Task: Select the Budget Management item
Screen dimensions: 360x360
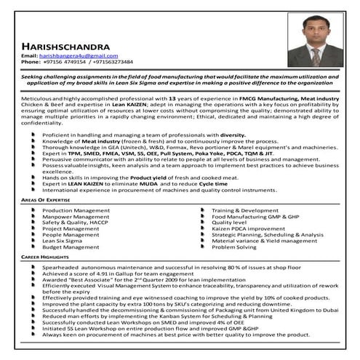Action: (x=71, y=247)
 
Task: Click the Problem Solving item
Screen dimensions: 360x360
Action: (x=233, y=247)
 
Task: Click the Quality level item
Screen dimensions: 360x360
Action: (x=229, y=222)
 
